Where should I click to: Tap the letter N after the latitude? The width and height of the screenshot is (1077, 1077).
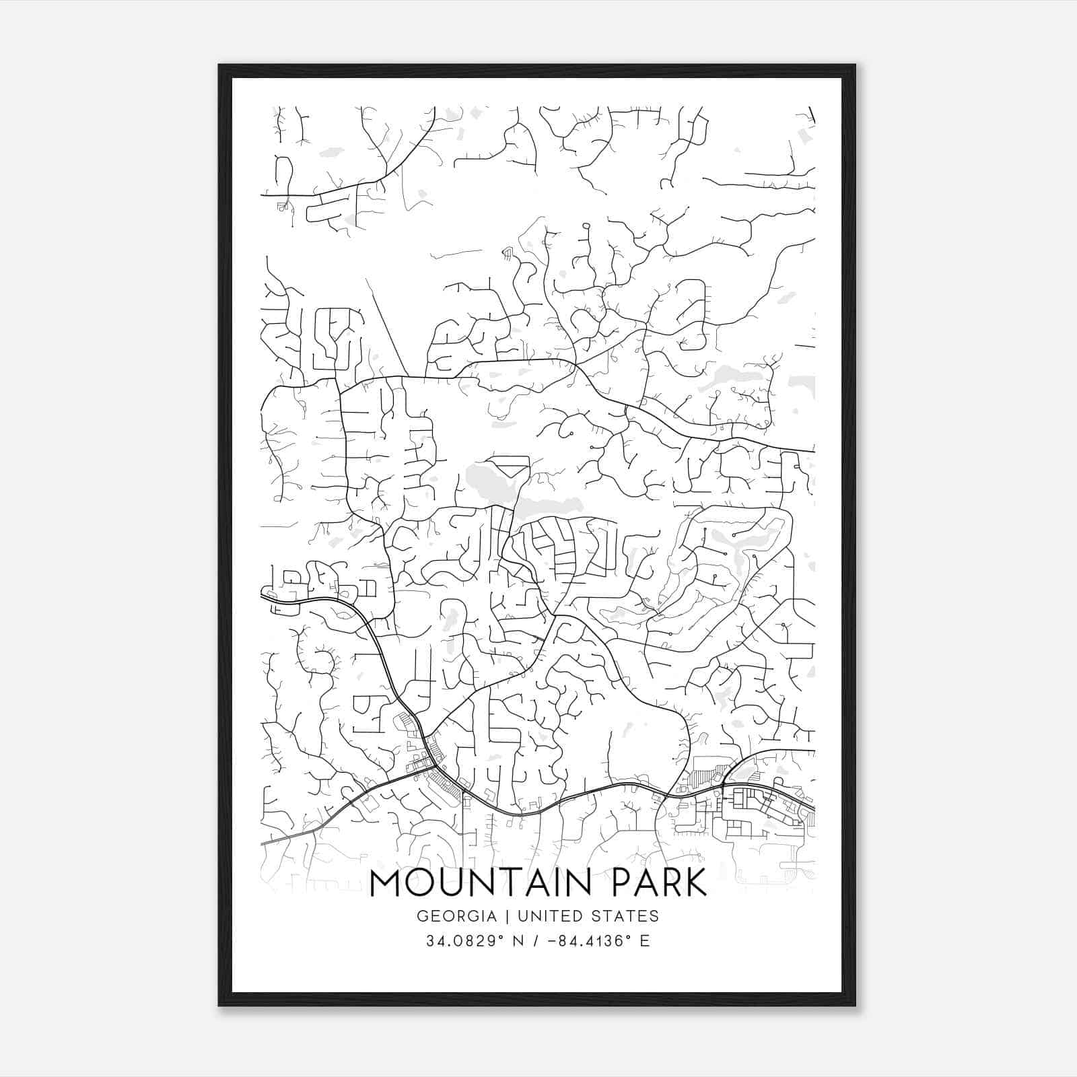click(x=518, y=941)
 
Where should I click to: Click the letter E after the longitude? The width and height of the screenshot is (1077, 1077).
click(x=645, y=941)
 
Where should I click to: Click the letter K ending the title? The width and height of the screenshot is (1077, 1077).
click(x=696, y=883)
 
